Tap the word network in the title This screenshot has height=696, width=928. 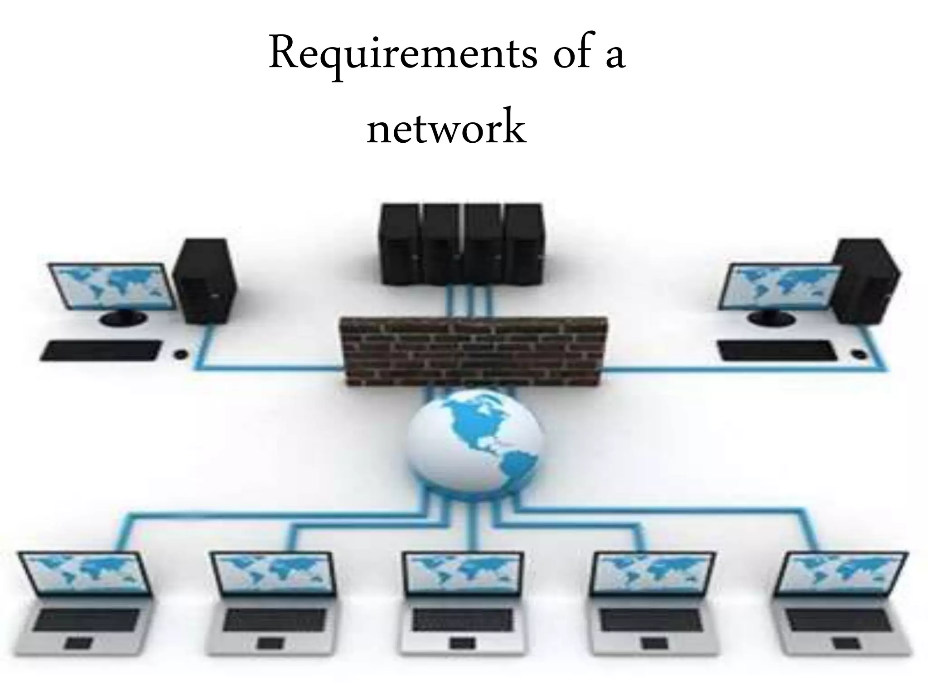pos(446,127)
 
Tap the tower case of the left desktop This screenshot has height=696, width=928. pos(206,281)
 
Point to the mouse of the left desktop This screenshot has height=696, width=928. pos(180,353)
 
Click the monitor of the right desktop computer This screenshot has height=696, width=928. pos(779,288)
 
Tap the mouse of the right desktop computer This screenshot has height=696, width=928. pos(857,353)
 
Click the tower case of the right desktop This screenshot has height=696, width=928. pos(865,281)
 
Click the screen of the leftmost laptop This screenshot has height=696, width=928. pos(84,573)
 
